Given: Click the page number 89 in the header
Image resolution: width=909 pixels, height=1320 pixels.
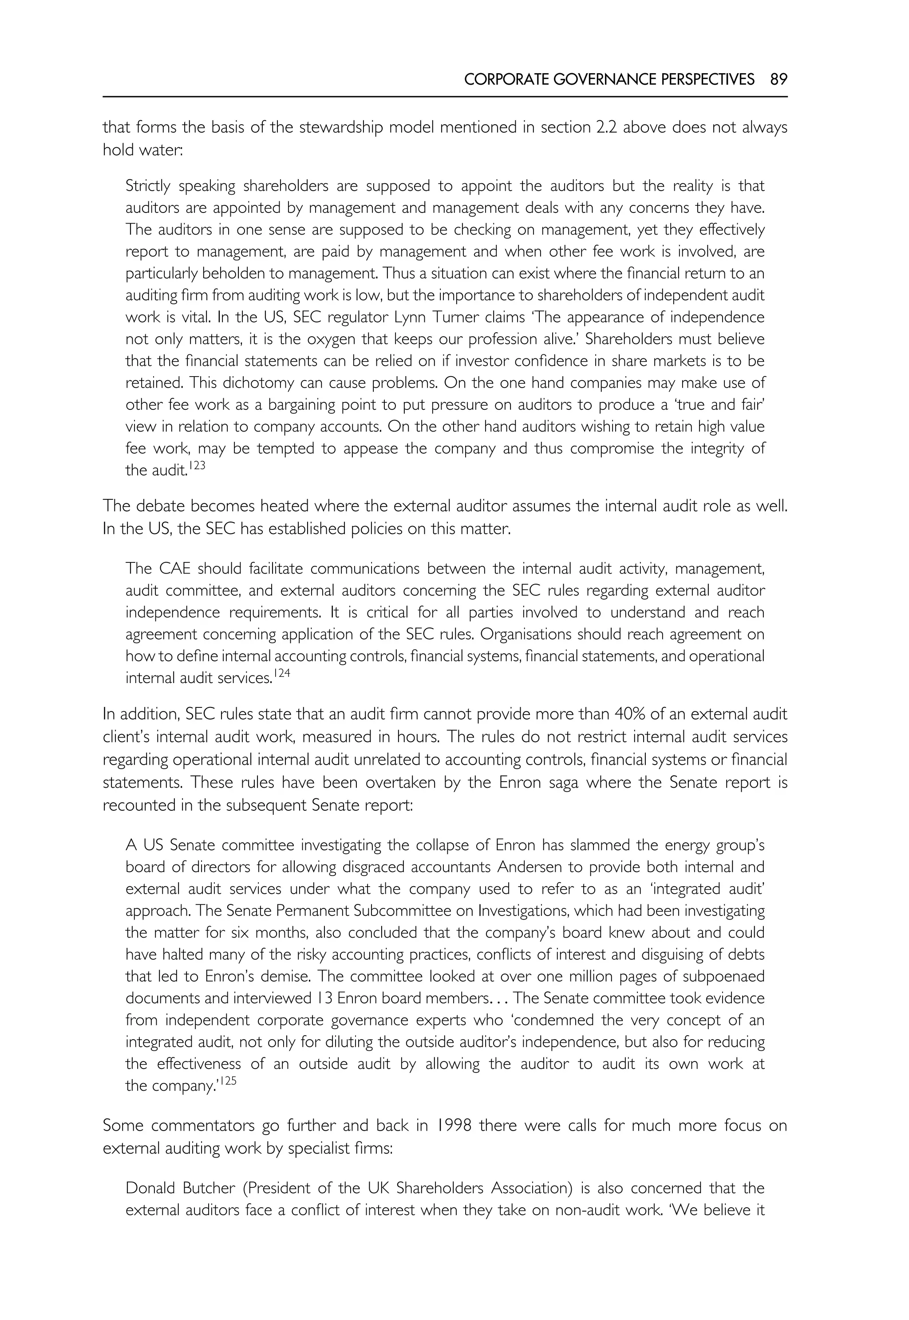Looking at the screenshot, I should (778, 80).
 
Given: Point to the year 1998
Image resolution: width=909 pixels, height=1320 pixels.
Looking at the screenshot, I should (453, 1125).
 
